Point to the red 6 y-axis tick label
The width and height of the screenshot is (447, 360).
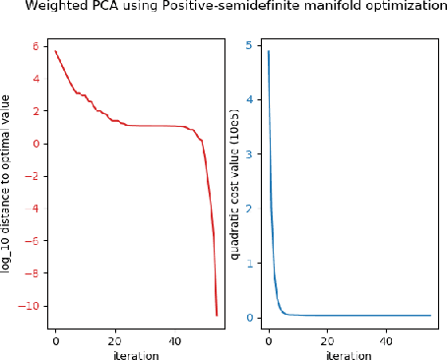(33, 46)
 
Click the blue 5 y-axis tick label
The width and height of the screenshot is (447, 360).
(250, 44)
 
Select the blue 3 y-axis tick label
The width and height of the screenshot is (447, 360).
(250, 153)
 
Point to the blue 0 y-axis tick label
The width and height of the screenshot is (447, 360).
(250, 318)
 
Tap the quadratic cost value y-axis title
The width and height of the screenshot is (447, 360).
(235, 182)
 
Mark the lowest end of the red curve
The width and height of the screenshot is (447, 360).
(217, 315)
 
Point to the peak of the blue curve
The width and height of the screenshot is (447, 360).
(268, 51)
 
